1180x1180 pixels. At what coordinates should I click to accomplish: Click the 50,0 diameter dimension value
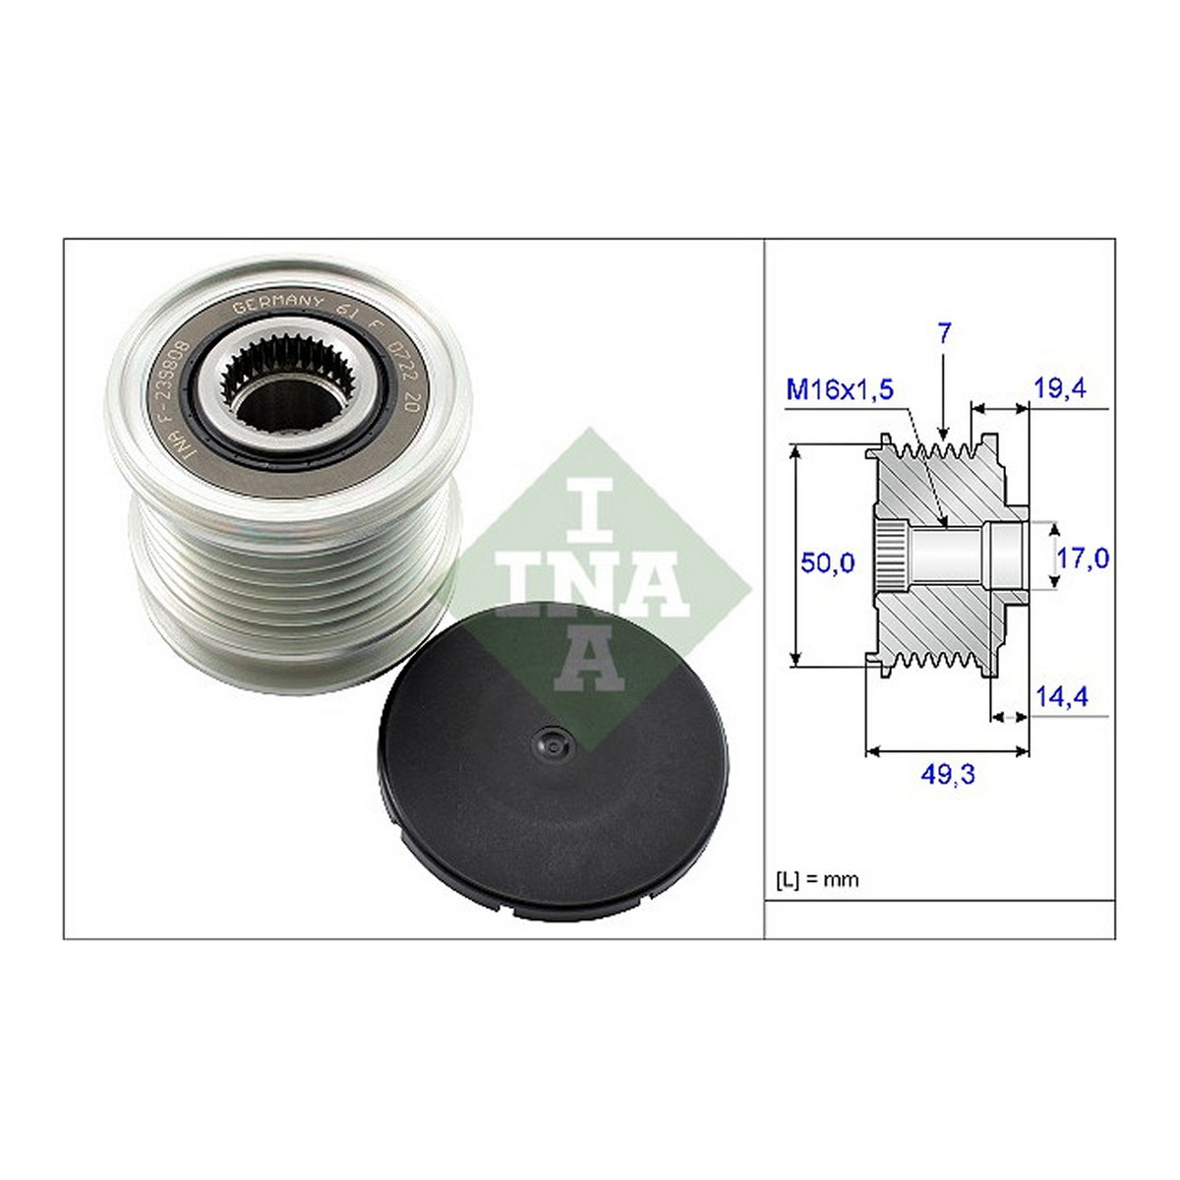pyautogui.click(x=827, y=561)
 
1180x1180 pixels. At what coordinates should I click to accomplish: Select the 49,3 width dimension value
pyautogui.click(x=947, y=775)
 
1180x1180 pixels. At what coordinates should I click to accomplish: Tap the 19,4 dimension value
pyautogui.click(x=1059, y=387)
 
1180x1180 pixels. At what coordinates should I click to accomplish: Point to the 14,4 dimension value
pyautogui.click(x=1061, y=696)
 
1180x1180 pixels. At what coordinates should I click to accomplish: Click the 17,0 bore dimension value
pyautogui.click(x=1083, y=558)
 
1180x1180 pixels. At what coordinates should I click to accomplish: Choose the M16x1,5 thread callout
pyautogui.click(x=840, y=388)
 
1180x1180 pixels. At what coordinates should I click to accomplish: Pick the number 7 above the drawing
pyautogui.click(x=944, y=333)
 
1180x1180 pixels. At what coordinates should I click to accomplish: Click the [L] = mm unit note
pyautogui.click(x=817, y=880)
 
